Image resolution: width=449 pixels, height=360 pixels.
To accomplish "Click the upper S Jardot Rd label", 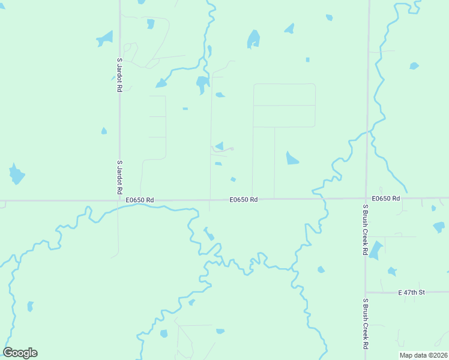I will pos(119,74).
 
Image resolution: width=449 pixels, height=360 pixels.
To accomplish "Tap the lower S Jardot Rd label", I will pos(119,177).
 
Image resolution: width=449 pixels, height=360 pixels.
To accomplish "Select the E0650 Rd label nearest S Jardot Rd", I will pos(140,200).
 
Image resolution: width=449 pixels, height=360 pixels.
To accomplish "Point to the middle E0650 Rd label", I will pos(243,200).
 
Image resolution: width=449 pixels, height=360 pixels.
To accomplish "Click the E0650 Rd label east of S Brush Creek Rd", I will pos(385,198).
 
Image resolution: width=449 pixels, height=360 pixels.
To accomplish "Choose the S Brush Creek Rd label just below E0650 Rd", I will pos(364,230).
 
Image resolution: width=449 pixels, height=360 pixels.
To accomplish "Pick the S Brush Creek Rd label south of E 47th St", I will pos(365,324).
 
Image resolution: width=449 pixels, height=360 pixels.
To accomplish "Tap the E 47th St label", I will pos(411,292).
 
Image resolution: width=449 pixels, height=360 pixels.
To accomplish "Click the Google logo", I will pos(20,353).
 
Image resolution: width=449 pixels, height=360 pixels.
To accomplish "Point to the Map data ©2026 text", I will pos(423,355).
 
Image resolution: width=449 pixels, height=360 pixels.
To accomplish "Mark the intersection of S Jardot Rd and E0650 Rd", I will pos(119,200).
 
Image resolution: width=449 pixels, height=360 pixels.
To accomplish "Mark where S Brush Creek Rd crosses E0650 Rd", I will pos(366,198).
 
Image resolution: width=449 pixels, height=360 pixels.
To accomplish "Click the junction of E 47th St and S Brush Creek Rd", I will pos(366,292).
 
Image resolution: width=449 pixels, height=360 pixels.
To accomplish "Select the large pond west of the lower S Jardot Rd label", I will pos(16,174).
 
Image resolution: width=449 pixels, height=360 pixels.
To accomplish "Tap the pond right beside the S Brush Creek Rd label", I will pos(376,250).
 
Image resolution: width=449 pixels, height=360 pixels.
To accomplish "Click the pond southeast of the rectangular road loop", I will pos(292,158).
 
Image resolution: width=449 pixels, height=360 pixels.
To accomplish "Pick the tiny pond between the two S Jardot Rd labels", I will pos(104,131).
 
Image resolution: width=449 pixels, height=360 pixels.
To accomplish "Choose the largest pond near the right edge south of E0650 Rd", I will pos(439,227).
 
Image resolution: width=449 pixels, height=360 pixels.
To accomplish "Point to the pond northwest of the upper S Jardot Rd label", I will pos(105,39).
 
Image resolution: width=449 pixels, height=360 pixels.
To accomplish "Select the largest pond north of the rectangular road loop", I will pos(254,40).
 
